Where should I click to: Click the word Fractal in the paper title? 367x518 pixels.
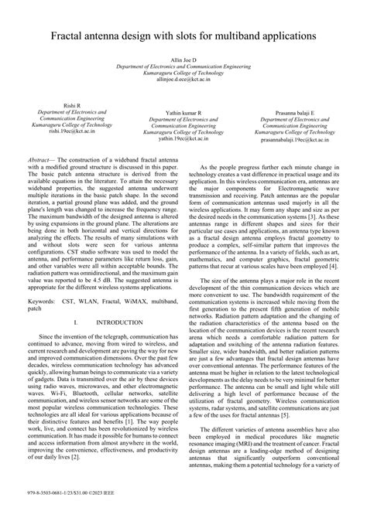(x=71, y=36)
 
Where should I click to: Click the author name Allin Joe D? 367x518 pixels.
(x=183, y=60)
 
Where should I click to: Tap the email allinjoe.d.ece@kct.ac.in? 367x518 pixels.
(x=183, y=79)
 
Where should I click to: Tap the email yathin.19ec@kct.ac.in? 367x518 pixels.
(x=183, y=139)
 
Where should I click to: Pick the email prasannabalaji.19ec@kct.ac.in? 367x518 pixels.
(x=298, y=139)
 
